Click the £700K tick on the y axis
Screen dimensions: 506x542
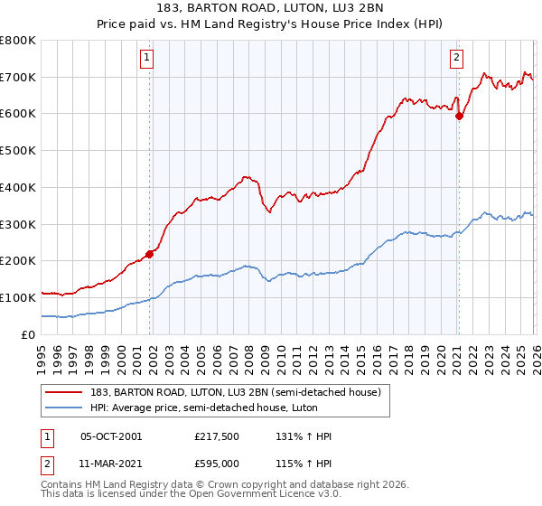pyautogui.click(x=18, y=77)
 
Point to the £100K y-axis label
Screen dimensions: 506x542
pyautogui.click(x=18, y=297)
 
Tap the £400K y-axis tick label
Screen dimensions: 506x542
pyautogui.click(x=18, y=187)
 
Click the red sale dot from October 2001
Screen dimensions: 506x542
pyautogui.click(x=149, y=254)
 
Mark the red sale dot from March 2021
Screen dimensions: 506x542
pyautogui.click(x=459, y=116)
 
